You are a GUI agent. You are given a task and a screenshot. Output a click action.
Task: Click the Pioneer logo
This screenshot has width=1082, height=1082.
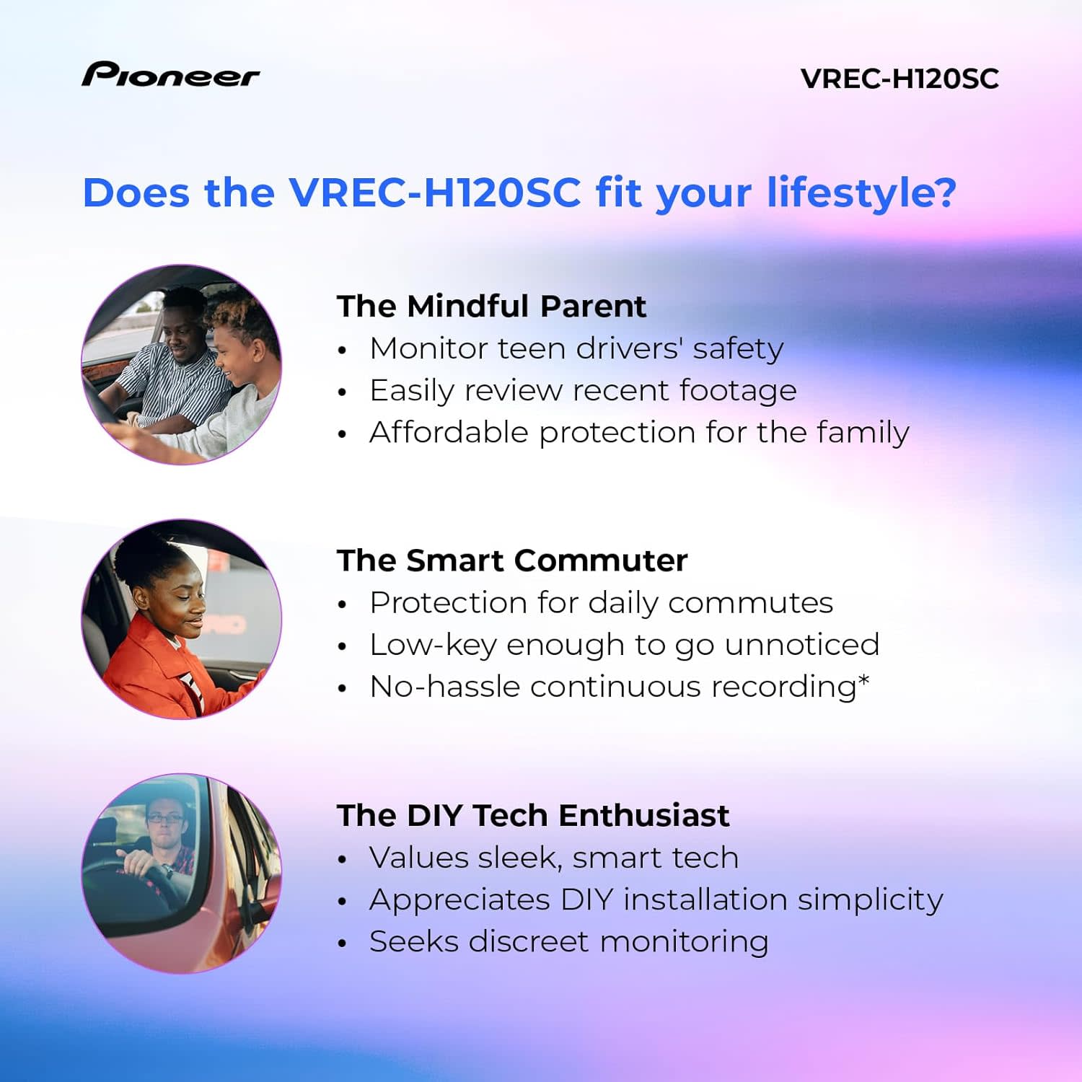[x=170, y=75]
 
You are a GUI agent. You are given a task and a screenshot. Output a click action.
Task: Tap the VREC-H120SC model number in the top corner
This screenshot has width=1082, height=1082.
[x=900, y=79]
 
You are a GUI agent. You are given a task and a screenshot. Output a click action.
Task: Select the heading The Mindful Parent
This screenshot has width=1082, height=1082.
[x=491, y=306]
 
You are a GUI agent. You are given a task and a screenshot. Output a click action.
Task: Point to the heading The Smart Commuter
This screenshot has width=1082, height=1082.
[x=511, y=560]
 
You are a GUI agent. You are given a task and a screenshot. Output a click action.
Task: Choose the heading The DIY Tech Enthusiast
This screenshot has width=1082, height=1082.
[x=532, y=815]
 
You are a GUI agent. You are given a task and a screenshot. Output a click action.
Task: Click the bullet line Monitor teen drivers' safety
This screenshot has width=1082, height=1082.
[x=576, y=348]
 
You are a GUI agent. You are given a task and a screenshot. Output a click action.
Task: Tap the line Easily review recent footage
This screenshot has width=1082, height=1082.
[x=583, y=390]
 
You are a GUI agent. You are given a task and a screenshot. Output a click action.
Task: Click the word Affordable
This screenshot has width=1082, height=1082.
[x=449, y=432]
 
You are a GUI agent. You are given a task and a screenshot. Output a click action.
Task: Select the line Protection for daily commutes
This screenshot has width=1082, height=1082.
[x=601, y=602]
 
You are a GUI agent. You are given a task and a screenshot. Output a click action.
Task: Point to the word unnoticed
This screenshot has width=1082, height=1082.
[x=801, y=644]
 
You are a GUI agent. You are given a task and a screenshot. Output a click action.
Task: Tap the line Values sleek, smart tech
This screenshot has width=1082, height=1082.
[x=553, y=858]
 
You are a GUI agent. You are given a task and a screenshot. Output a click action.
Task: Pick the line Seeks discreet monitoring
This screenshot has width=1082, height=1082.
[x=568, y=941]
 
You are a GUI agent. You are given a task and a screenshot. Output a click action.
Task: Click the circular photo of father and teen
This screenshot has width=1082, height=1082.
[x=181, y=364]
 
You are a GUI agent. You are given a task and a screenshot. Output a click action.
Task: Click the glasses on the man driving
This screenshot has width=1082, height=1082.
[x=165, y=818]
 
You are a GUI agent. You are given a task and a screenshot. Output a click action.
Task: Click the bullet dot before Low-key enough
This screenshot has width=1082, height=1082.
[x=343, y=646]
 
